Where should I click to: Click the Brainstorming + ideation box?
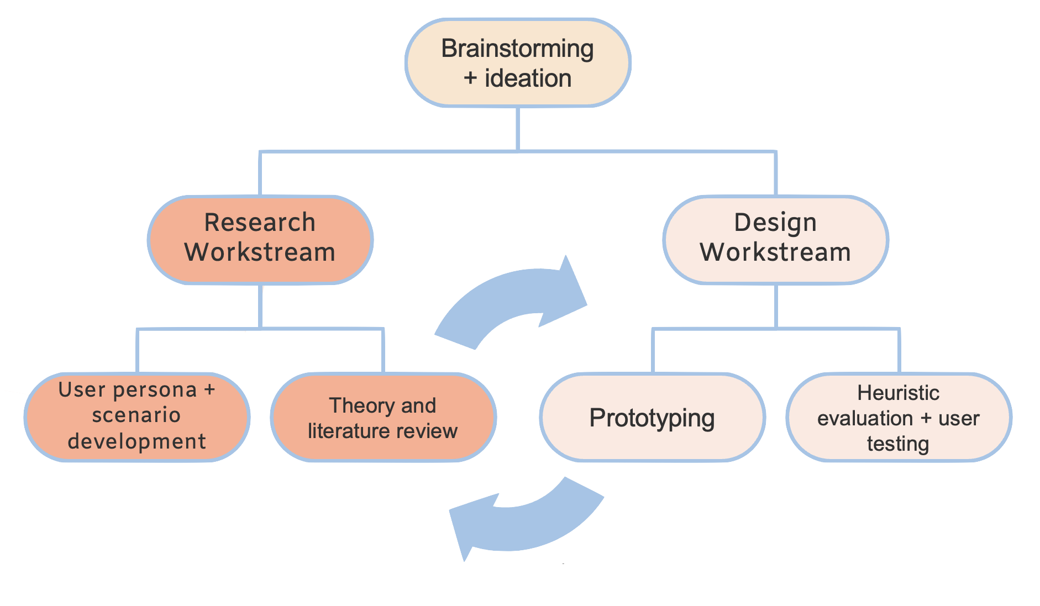click(x=518, y=62)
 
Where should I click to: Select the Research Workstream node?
click(x=260, y=240)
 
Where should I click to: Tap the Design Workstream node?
click(x=776, y=240)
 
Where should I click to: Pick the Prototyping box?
click(x=653, y=417)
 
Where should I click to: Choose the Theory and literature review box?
click(x=383, y=417)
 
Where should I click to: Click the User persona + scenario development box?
click(x=137, y=417)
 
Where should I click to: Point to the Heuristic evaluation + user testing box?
click(x=899, y=417)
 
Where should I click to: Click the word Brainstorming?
click(x=517, y=49)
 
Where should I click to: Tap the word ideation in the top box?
click(x=528, y=78)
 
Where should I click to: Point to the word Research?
click(x=260, y=223)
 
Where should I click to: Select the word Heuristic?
click(x=899, y=393)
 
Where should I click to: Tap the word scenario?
click(x=136, y=415)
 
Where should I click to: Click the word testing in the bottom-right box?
click(x=898, y=444)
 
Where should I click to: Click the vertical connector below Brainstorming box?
click(x=518, y=129)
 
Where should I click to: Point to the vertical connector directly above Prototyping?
click(x=653, y=351)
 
